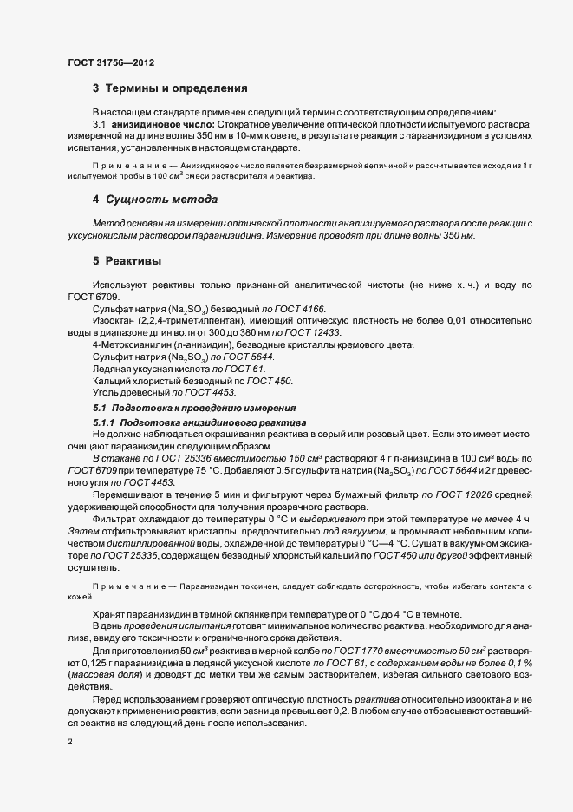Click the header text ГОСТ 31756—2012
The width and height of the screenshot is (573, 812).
pos(111,62)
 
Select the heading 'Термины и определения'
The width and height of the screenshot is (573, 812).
pos(177,88)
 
